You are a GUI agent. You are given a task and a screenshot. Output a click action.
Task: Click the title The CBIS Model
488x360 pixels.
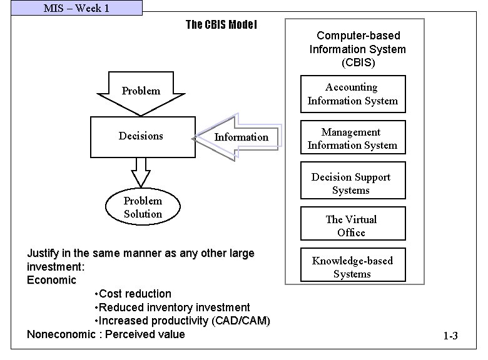(x=221, y=25)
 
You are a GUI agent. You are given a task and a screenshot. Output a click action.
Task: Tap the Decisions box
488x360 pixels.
(x=141, y=136)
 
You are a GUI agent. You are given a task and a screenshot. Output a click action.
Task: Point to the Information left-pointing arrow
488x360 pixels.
(x=238, y=137)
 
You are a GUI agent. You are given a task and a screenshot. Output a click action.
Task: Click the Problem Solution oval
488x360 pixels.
(x=143, y=207)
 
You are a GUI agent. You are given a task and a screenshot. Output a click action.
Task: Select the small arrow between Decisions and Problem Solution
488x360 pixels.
(x=141, y=171)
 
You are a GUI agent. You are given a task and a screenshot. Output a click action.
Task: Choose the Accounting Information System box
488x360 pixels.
(x=352, y=94)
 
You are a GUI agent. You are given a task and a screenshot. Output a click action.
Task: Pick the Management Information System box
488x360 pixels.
(x=352, y=139)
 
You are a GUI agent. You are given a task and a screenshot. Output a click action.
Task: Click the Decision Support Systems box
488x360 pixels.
(x=352, y=184)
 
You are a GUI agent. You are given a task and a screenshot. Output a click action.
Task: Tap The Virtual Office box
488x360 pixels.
(x=352, y=226)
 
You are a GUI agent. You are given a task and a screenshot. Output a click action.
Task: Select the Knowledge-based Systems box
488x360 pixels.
(x=352, y=267)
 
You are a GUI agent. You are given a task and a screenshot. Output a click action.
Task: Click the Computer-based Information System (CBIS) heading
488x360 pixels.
(x=357, y=49)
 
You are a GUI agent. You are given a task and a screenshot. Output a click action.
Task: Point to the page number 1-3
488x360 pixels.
(x=450, y=336)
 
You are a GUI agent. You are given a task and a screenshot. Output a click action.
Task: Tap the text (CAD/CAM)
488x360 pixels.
(x=241, y=321)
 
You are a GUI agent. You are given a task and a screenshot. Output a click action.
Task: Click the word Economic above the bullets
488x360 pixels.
(x=51, y=280)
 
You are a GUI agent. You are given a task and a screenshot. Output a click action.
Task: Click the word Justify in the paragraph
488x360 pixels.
(x=43, y=254)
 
